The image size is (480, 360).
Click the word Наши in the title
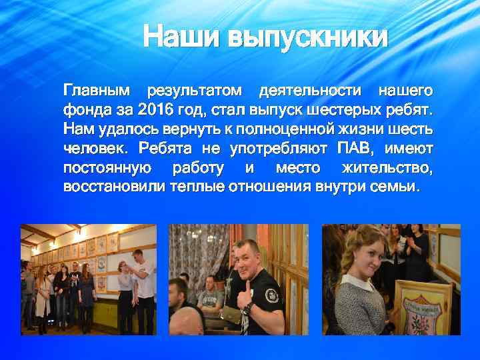(x=181, y=37)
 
